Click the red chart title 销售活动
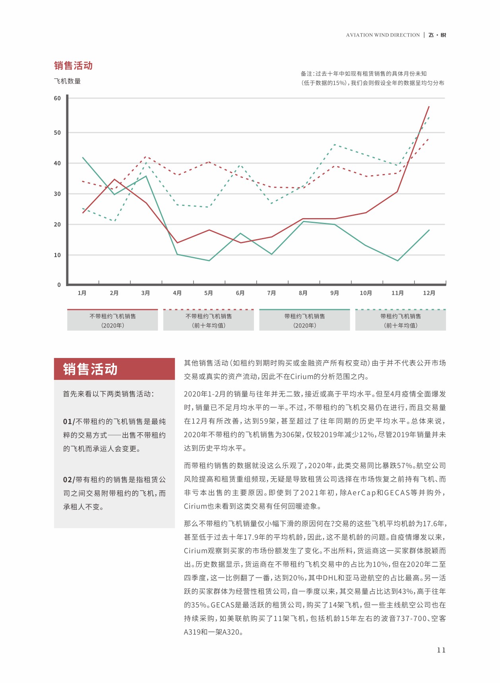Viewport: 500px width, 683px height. (73, 66)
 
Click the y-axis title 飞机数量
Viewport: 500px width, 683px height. (67, 81)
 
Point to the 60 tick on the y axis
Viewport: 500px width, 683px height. (57, 98)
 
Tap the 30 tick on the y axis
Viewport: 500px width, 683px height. (57, 194)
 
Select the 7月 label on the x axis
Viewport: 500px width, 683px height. (271, 293)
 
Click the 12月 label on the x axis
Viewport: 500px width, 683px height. (429, 293)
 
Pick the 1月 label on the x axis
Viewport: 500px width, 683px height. (82, 293)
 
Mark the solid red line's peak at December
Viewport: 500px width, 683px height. (429, 106)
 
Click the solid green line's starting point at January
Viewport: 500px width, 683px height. (83, 157)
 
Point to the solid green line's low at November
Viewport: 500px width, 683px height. (397, 261)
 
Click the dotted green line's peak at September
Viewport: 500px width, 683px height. (335, 145)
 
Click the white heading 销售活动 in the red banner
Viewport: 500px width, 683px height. (90, 369)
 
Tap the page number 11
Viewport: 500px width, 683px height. (441, 650)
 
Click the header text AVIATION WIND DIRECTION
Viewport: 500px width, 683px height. (383, 35)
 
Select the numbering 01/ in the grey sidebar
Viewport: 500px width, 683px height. (69, 422)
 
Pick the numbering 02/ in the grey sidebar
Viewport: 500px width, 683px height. (69, 480)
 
